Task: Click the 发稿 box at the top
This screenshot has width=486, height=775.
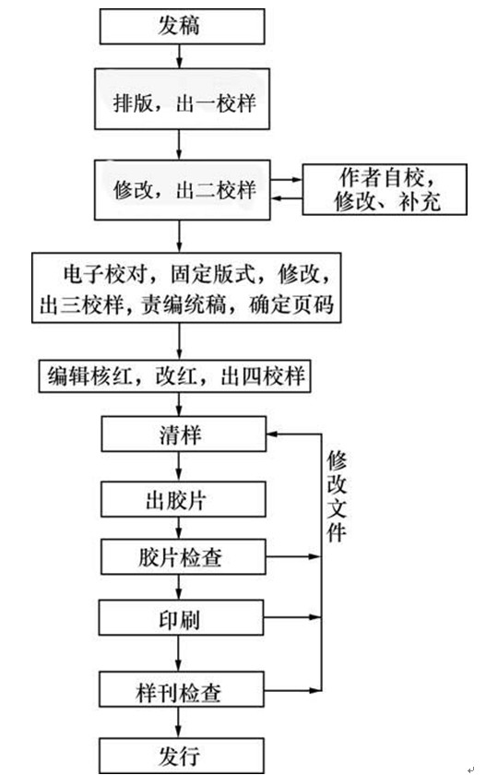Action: (x=182, y=26)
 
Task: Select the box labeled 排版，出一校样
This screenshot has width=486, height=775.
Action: (x=182, y=99)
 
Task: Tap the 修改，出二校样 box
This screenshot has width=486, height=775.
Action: (x=182, y=190)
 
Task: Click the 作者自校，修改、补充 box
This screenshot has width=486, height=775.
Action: (x=385, y=190)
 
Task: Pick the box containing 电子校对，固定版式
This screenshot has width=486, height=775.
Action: (x=186, y=288)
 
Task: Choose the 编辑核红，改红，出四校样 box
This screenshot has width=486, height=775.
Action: (x=174, y=376)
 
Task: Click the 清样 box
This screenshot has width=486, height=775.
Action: (x=184, y=434)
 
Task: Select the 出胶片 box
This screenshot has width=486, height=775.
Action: (x=184, y=500)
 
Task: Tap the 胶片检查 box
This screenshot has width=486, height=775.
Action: (x=184, y=556)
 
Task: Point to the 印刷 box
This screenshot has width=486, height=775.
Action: (x=181, y=617)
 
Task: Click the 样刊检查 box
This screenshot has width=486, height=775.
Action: (x=182, y=689)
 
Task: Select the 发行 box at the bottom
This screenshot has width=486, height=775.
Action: (x=182, y=756)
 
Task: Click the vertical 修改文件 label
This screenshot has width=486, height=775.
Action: (x=337, y=496)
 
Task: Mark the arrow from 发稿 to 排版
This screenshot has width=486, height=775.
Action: (x=179, y=56)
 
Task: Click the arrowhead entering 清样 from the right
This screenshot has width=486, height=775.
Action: (x=272, y=434)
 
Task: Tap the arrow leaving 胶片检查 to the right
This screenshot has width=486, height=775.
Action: (x=293, y=556)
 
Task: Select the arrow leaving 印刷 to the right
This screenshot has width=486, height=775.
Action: (x=292, y=617)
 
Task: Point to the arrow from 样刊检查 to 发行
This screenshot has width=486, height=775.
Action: (x=178, y=722)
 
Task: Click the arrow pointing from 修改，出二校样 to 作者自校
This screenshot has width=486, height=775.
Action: (x=286, y=179)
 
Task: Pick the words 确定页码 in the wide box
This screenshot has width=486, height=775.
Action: (x=290, y=305)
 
